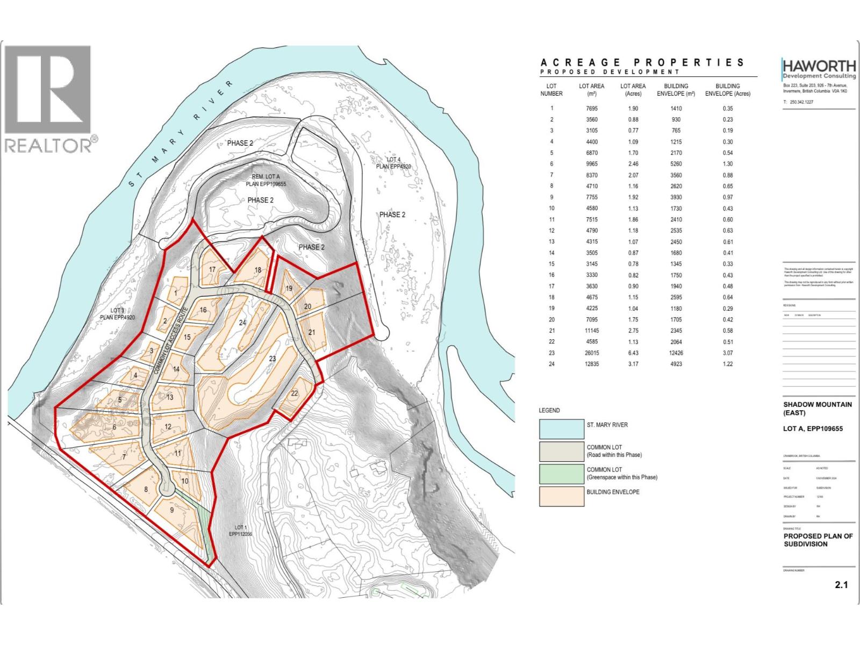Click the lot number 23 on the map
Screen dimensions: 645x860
click(x=272, y=359)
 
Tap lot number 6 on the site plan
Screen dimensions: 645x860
click(x=114, y=427)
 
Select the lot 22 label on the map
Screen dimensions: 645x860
click(x=294, y=393)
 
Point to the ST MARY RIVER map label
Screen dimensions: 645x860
click(x=181, y=134)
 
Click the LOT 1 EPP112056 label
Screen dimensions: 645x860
click(x=240, y=531)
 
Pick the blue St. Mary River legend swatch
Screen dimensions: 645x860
click(x=561, y=429)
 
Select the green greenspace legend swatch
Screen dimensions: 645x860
click(x=561, y=474)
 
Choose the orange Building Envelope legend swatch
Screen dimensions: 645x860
click(x=561, y=496)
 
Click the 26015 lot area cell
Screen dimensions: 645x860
click(x=591, y=353)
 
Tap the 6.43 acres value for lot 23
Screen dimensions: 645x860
click(x=633, y=353)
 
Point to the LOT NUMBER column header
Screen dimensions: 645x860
click(x=551, y=90)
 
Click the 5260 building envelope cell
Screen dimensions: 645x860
click(x=676, y=164)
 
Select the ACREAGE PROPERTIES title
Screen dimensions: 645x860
click(x=642, y=62)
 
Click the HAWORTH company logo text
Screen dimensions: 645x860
click(x=819, y=66)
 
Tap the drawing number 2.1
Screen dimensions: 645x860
click(x=841, y=585)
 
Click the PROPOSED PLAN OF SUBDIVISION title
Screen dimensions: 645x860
click(x=818, y=540)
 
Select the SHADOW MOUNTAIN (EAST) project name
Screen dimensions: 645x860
click(x=817, y=408)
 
